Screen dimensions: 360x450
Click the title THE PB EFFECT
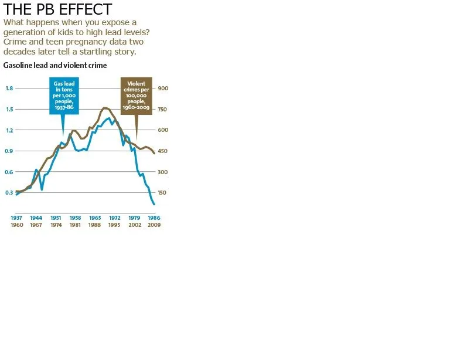[x=57, y=9]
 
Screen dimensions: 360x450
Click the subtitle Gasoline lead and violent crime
[x=55, y=65]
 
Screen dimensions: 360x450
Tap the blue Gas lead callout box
[x=64, y=96]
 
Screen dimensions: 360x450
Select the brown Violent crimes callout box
[x=136, y=96]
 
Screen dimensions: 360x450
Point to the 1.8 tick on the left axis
[x=9, y=88]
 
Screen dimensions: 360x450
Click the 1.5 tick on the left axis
[x=9, y=109]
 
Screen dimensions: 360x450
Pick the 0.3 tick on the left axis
[x=9, y=193]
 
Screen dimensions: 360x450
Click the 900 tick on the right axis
[x=163, y=88]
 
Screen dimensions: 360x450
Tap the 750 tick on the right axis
[x=163, y=109]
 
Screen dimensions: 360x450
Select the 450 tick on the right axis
[x=163, y=151]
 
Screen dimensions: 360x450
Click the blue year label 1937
[x=16, y=218]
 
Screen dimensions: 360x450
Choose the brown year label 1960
[x=16, y=225]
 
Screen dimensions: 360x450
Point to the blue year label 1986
[x=154, y=218]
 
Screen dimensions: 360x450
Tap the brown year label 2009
[x=154, y=225]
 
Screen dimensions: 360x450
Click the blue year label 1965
[x=95, y=218]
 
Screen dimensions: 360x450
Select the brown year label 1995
[x=114, y=225]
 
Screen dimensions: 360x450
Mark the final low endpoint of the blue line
[x=154, y=203]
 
